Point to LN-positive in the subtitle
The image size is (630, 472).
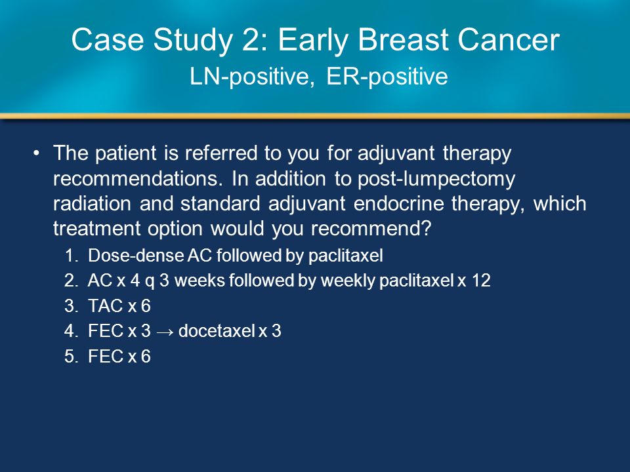click(252, 77)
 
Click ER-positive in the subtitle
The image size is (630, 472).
click(387, 77)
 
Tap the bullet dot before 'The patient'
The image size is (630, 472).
click(37, 153)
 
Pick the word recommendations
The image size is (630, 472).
click(138, 179)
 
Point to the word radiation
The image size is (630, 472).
click(92, 204)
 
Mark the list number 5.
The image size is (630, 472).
click(70, 357)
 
